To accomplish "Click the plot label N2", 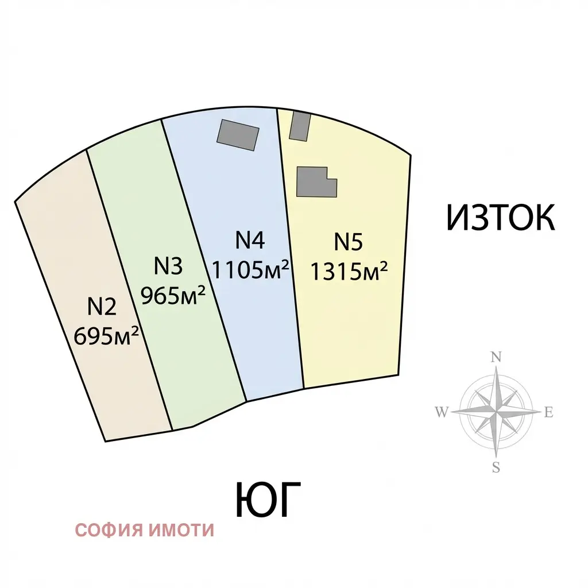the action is [x=102, y=307].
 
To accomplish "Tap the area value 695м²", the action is [x=106, y=335].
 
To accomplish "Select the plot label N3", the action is [x=168, y=266].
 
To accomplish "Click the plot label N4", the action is [x=250, y=240].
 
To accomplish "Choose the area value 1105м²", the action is [x=250, y=269].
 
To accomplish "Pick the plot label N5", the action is [x=349, y=242].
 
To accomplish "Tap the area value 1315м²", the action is [x=349, y=271].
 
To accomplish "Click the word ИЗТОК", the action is [x=501, y=218].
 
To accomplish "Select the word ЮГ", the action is [x=268, y=500].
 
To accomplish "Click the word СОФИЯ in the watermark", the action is [x=110, y=530].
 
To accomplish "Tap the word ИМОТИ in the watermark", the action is [x=181, y=530].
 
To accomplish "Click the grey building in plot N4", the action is [x=238, y=135].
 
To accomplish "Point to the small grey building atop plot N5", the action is [x=300, y=126].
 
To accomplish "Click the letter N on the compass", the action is [x=496, y=357].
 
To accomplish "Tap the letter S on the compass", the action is [x=496, y=467].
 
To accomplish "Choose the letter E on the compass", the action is [x=548, y=412].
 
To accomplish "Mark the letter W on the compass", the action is [x=442, y=412].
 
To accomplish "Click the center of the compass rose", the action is [x=496, y=412].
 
